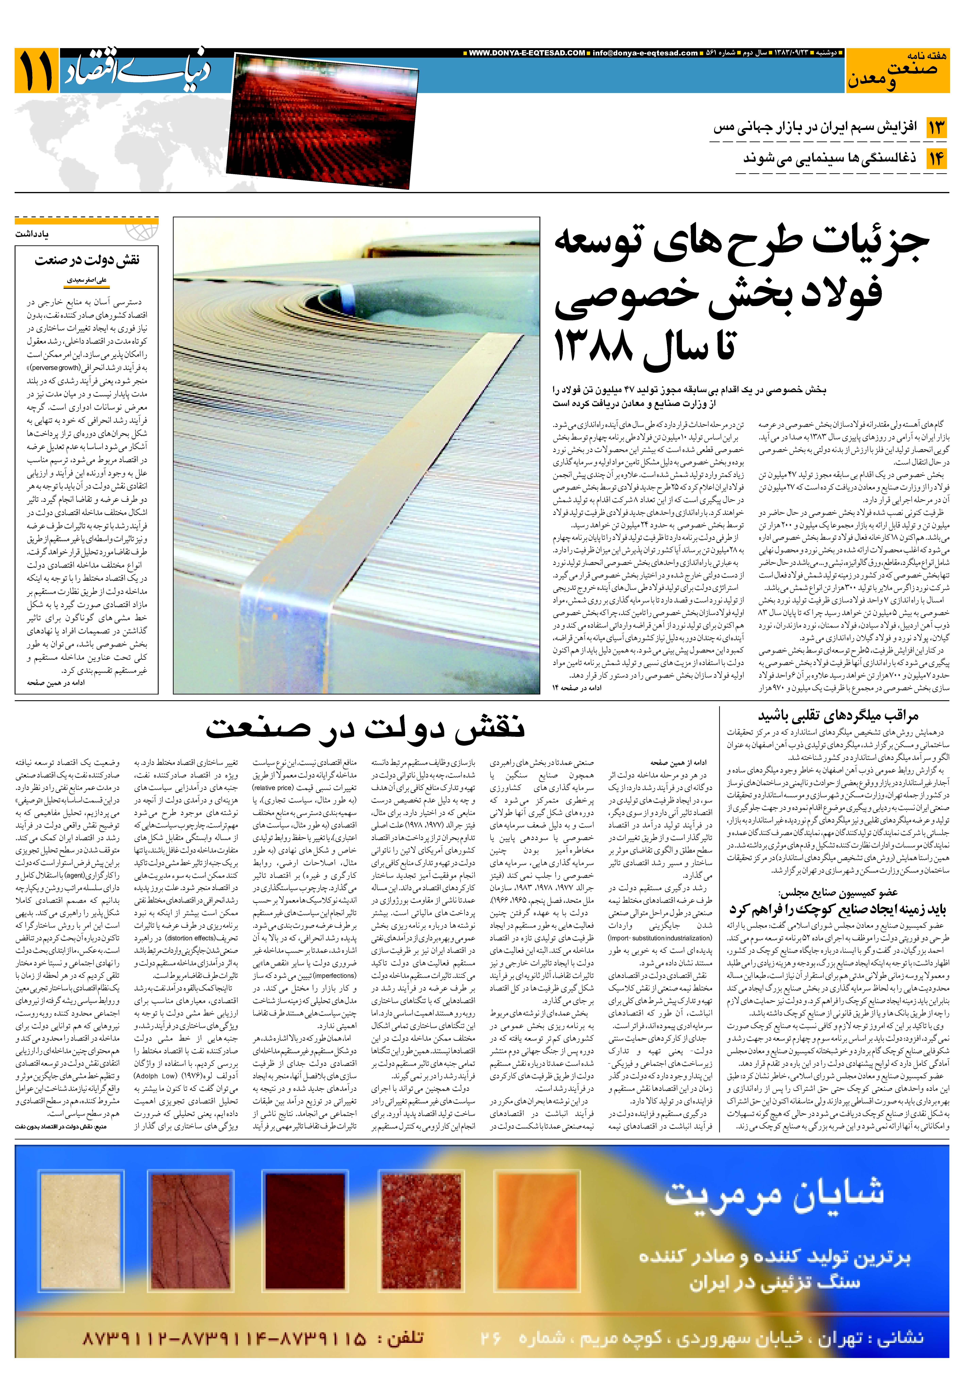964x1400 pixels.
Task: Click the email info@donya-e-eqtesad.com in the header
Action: [x=645, y=53]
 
